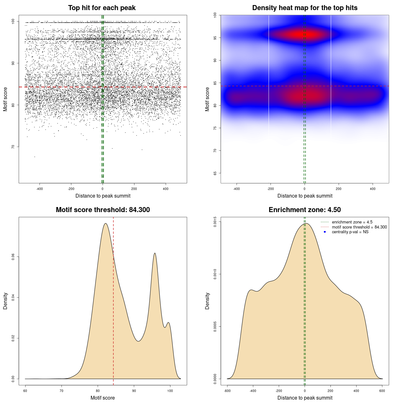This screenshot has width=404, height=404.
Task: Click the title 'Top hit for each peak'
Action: click(102, 8)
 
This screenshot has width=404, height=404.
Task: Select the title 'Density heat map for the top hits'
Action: click(305, 8)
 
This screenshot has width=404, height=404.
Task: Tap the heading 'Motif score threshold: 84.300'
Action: click(103, 210)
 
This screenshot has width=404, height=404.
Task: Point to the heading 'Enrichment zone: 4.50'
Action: click(305, 210)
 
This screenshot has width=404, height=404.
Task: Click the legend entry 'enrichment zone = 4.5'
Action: click(352, 222)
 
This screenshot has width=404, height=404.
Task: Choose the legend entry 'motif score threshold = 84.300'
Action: click(359, 227)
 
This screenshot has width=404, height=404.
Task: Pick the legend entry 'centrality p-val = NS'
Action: click(350, 232)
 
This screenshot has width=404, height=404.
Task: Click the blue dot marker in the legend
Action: click(325, 232)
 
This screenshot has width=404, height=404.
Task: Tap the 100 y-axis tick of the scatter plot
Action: click(13, 21)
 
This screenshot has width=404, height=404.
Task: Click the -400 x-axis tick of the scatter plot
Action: click(39, 189)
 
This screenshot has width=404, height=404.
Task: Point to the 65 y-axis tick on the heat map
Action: click(215, 173)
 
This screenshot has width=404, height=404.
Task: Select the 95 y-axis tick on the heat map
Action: click(215, 38)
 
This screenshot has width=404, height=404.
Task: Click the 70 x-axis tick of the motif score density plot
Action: click(62, 391)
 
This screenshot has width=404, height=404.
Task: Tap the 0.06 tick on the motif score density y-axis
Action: click(13, 257)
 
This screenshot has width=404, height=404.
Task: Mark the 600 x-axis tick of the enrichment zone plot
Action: click(382, 391)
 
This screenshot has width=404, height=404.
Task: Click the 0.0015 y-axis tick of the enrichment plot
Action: click(215, 222)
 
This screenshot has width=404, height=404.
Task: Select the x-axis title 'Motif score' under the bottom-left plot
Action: click(103, 398)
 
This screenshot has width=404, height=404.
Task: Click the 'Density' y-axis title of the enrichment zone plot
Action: click(207, 301)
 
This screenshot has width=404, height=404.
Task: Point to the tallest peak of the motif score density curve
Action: click(106, 223)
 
